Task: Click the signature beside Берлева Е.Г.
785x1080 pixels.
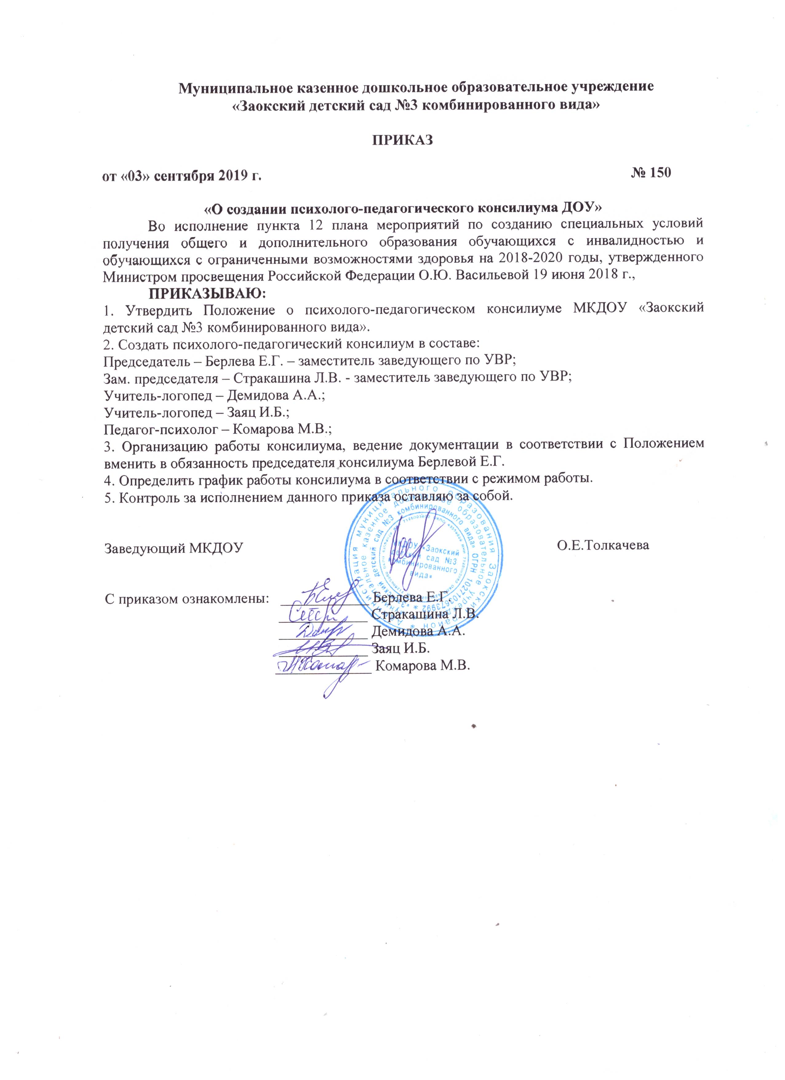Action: coord(331,594)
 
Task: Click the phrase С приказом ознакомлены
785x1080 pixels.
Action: coord(186,598)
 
